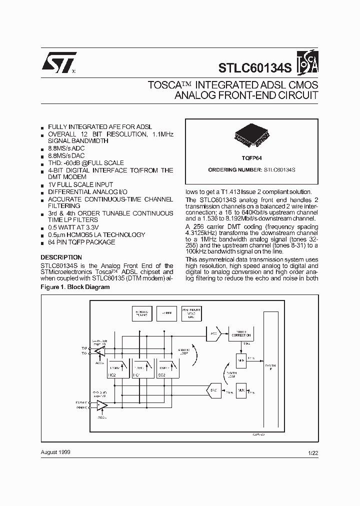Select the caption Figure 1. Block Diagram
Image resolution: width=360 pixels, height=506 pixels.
point(74,287)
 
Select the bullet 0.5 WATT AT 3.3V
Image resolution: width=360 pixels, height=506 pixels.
point(78,227)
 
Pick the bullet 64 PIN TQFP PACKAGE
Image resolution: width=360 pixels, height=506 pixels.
point(81,242)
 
